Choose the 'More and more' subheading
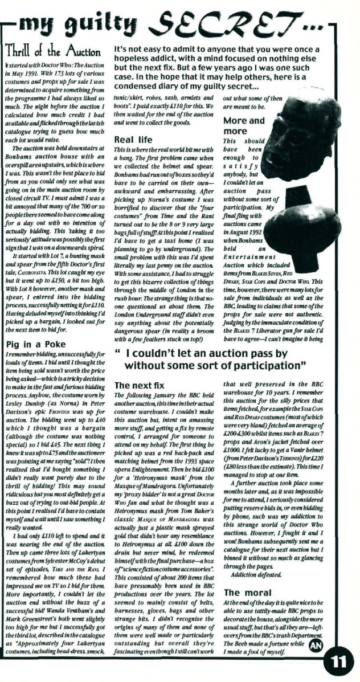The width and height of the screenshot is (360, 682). [x=243, y=125]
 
